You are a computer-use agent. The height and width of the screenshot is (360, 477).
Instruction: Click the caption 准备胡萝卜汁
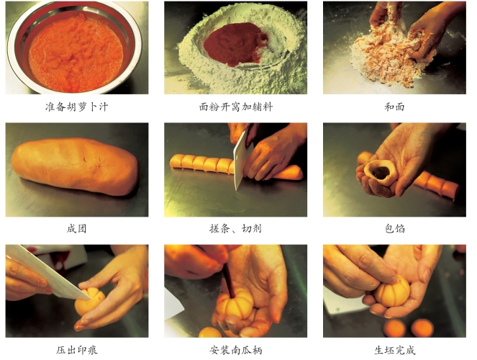point(77,107)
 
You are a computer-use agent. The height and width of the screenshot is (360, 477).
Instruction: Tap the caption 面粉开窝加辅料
point(236,107)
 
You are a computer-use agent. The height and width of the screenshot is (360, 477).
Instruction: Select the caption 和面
point(394,107)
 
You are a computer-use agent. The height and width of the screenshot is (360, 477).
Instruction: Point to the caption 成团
point(77,228)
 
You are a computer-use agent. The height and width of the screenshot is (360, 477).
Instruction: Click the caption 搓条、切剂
point(236,228)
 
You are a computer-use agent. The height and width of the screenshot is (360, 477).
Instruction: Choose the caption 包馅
point(394,228)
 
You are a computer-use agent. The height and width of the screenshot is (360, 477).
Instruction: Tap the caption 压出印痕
point(77,350)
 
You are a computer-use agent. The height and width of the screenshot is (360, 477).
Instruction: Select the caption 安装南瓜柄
point(236,350)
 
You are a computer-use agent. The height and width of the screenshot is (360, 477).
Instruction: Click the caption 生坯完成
point(394,350)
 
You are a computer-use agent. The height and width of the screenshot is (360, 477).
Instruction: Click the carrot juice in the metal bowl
point(76,53)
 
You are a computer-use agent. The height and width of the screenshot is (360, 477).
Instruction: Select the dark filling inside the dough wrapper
point(381,173)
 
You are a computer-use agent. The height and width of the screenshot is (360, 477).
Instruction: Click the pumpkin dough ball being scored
point(90,302)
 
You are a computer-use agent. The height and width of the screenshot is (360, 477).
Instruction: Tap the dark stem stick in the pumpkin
point(229,282)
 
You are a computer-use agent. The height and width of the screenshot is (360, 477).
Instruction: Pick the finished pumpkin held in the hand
point(392,292)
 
